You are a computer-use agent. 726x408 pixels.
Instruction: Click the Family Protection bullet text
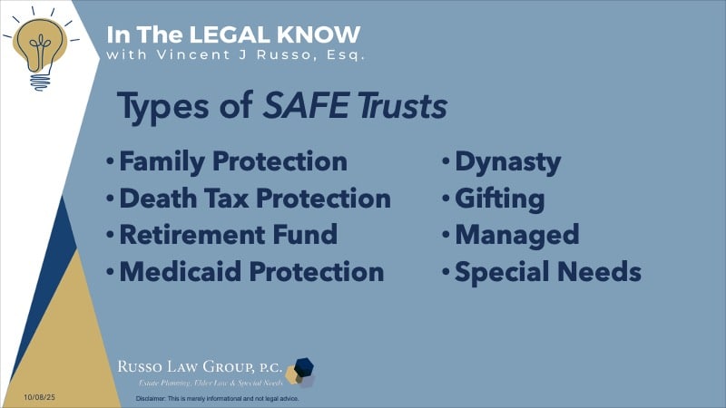pos(233,162)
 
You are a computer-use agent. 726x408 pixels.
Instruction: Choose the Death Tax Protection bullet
pos(255,198)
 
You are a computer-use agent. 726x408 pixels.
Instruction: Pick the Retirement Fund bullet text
pos(228,234)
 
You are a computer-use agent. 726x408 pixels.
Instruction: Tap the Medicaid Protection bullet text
pos(251,270)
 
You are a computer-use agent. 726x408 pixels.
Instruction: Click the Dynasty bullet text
pos(507,163)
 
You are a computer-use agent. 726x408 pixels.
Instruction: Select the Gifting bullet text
pos(500,199)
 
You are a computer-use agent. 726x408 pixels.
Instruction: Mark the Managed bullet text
pos(516,235)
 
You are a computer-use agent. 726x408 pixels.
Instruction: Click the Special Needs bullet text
pos(548,271)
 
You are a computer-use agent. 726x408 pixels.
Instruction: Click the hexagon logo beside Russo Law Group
pos(299,371)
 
